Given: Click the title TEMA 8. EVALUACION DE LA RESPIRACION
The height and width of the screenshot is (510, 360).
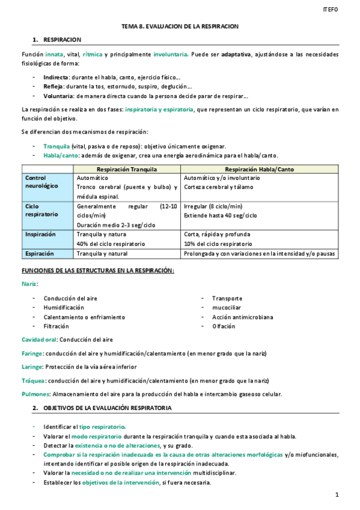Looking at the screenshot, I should pos(180,26).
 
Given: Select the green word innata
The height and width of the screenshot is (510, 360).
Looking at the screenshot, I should pos(55,55).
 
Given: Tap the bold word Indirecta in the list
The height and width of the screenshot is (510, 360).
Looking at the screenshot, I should pos(55,78).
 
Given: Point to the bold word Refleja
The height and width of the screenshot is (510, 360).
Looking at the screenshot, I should pos(53,87).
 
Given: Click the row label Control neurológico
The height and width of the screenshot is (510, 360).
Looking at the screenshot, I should pos(41,182).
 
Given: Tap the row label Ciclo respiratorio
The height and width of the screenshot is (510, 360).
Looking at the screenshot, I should pos(41,210).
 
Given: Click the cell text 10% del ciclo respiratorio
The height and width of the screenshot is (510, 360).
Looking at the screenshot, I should pos(218,244).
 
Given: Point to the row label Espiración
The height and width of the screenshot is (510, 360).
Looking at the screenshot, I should pos(40,254).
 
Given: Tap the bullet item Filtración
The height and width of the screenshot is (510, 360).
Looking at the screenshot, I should pos(56,326).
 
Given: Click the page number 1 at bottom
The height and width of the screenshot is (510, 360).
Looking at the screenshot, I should pos(338,494).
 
